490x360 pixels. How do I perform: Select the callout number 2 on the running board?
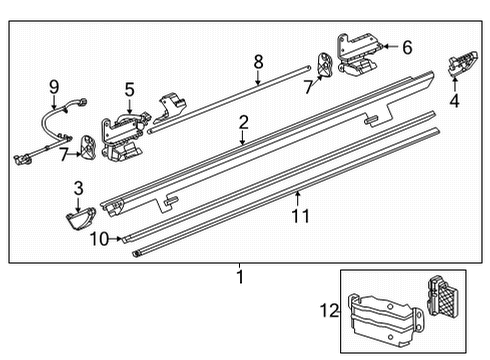[x=242, y=123]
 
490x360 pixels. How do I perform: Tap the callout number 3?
[x=77, y=187]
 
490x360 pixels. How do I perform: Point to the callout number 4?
[x=454, y=100]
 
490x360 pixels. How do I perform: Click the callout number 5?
[x=129, y=90]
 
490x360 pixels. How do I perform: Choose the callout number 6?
[x=407, y=46]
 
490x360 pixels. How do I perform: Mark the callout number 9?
[x=55, y=88]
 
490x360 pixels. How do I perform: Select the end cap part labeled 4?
[x=462, y=62]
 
